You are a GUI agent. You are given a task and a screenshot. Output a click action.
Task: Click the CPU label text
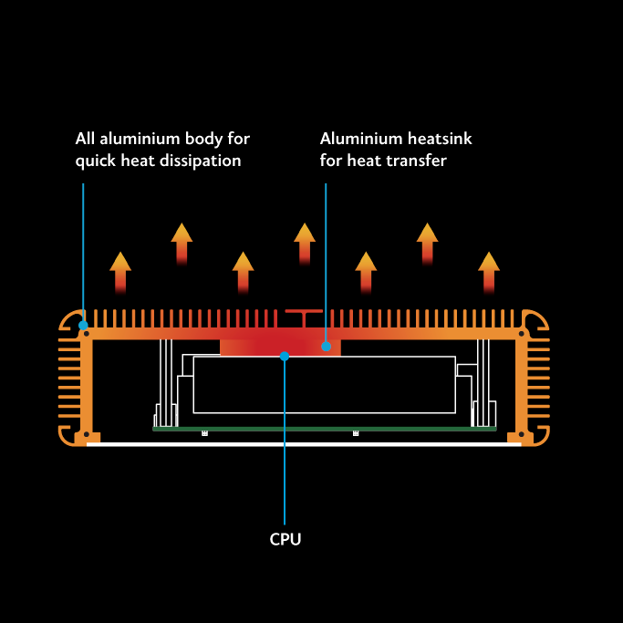(285, 539)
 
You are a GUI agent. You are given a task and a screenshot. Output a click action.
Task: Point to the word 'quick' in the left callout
(94, 161)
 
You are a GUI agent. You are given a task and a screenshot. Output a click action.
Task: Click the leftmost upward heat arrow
(120, 270)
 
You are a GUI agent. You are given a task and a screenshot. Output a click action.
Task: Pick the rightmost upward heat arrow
(489, 270)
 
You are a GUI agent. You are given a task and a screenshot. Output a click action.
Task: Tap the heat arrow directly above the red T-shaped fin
(305, 243)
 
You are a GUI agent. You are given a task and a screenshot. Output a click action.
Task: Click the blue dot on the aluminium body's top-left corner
(83, 325)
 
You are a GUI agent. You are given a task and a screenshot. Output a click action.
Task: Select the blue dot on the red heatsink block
(326, 347)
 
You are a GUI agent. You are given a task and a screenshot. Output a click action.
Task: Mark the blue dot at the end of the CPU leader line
(285, 356)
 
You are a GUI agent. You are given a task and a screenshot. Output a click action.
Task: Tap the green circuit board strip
(324, 428)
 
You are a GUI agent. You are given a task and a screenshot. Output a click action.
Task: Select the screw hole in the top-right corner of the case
(523, 334)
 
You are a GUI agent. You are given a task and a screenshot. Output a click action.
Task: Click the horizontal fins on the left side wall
(69, 384)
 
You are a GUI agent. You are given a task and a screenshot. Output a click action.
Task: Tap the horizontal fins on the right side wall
(539, 384)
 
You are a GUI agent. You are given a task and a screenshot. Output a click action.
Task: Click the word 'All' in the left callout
(86, 139)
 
